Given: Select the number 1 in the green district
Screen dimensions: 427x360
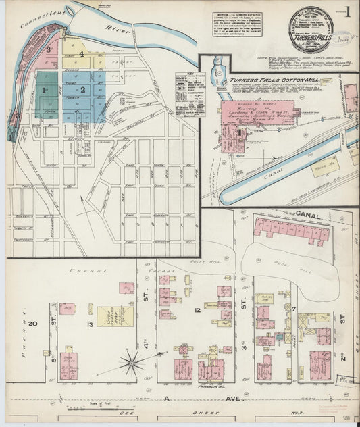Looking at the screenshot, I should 44,90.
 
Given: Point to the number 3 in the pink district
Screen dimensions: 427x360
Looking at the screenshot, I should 49,49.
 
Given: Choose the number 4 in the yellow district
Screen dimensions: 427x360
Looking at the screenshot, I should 82,53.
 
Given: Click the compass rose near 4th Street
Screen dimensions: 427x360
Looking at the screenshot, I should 130,363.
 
